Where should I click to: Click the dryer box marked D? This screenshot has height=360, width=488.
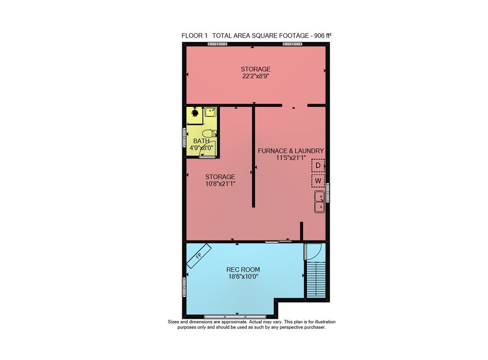(x=318, y=166)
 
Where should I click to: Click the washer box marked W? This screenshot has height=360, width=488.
(x=318, y=181)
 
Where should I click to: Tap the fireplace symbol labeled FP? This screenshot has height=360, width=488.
(x=199, y=256)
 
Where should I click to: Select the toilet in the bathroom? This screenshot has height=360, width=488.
(x=209, y=134)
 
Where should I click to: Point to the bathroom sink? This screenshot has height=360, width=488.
(x=210, y=112)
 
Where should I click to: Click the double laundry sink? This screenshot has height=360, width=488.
(x=320, y=202)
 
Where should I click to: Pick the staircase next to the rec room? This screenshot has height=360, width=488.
(x=316, y=280)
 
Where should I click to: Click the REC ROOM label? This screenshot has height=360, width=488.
(x=243, y=270)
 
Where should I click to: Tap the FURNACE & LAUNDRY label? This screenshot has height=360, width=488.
(x=291, y=151)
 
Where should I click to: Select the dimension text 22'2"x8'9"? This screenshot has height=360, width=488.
(x=256, y=76)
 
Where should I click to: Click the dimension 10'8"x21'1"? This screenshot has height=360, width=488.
(x=220, y=184)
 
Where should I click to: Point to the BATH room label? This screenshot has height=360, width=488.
(x=201, y=141)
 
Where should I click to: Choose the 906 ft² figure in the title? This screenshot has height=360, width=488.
(x=323, y=36)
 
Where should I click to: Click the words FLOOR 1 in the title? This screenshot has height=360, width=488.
(x=195, y=36)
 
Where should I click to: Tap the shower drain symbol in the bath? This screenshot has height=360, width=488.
(x=195, y=112)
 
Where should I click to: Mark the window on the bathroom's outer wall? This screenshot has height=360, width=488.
(x=184, y=137)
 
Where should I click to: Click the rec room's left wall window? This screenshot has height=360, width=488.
(x=184, y=287)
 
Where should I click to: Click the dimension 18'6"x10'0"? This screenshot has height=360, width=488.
(x=243, y=276)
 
